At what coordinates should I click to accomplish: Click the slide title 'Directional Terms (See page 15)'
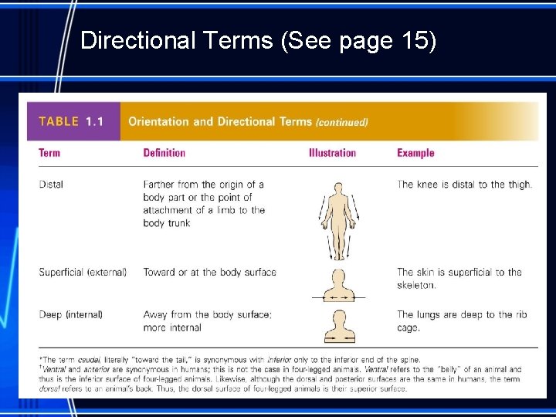tap(258, 39)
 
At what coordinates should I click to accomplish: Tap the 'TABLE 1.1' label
tap(71, 121)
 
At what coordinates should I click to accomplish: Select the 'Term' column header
tap(49, 153)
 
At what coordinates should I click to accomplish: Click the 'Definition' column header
tap(164, 153)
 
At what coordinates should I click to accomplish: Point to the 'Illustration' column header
tap(332, 153)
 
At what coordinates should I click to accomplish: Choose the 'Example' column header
tap(415, 153)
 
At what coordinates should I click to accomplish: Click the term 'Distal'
tap(51, 185)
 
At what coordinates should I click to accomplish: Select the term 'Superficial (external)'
tap(83, 272)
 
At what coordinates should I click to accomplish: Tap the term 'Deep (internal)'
tap(70, 314)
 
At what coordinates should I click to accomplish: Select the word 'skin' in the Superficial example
tap(430, 272)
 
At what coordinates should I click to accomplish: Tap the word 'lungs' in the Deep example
tap(434, 314)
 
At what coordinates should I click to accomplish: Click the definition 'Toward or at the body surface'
tap(209, 272)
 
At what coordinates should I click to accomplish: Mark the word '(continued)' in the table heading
tap(342, 122)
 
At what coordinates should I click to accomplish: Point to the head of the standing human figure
tap(337, 187)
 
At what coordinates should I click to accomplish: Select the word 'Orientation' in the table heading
tap(158, 121)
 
